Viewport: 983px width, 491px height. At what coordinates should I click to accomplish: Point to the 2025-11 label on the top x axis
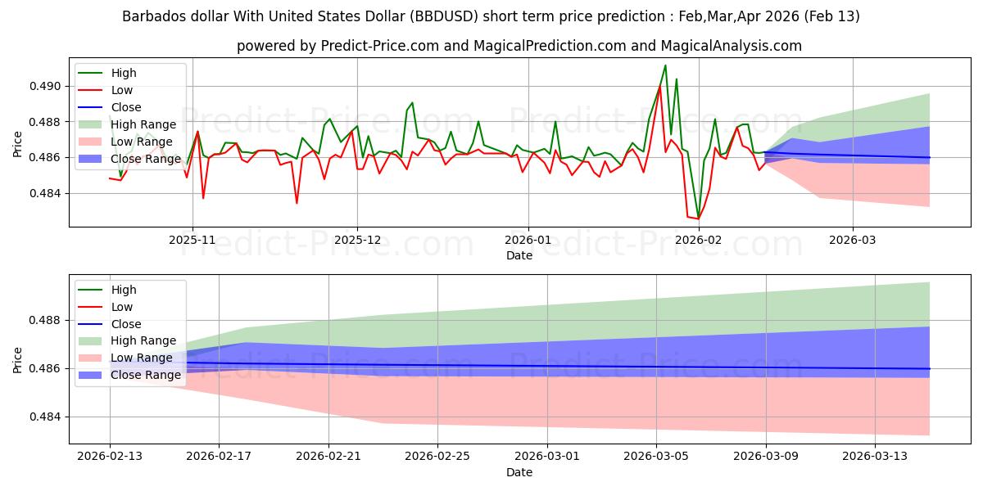coord(193,240)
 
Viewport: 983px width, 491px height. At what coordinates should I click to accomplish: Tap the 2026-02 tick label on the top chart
coord(698,240)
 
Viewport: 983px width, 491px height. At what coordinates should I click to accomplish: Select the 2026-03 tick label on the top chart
coord(853,240)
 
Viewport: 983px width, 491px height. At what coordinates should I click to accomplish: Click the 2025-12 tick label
coord(357,240)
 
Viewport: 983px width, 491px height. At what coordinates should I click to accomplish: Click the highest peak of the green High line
coord(665,65)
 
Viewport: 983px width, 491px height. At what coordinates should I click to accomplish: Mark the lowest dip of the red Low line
coord(698,218)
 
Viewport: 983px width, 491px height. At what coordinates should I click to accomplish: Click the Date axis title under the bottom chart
coord(519,472)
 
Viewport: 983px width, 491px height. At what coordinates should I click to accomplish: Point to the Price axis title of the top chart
coord(18,144)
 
